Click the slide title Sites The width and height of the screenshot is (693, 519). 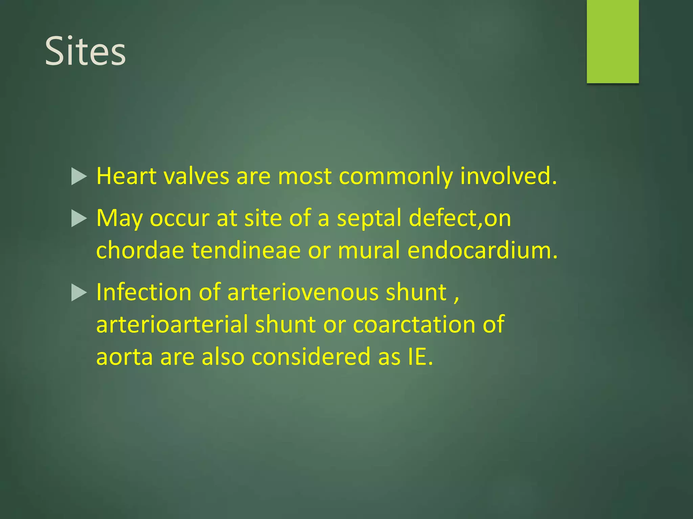click(x=85, y=51)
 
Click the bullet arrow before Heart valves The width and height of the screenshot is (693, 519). click(x=79, y=177)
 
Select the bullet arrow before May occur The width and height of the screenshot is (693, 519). click(x=79, y=219)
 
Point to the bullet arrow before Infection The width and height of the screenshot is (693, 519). click(x=79, y=293)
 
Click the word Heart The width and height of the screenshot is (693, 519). click(x=126, y=176)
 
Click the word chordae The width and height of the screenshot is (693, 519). click(x=140, y=250)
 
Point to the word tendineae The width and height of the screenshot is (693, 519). click(x=246, y=250)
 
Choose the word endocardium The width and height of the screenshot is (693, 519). click(x=482, y=250)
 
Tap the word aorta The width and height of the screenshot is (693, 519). click(x=125, y=357)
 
